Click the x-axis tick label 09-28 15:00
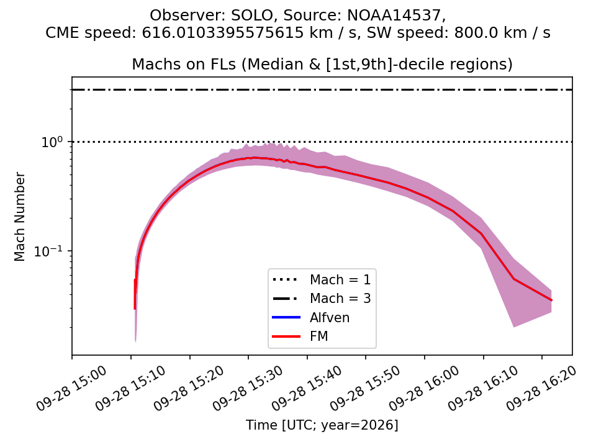[x=71, y=388]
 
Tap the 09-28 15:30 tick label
[x=248, y=388]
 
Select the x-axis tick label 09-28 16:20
[x=541, y=388]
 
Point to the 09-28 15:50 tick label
[x=365, y=388]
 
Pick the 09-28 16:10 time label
[x=483, y=388]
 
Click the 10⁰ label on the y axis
[x=52, y=142]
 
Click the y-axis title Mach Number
[x=19, y=217]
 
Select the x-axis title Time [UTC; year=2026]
[x=322, y=425]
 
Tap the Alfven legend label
[x=330, y=317]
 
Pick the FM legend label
[x=319, y=336]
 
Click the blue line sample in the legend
[x=286, y=317]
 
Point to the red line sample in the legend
[x=286, y=336]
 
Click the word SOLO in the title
[x=252, y=15]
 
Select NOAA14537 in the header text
[x=395, y=16]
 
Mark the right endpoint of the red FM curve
[x=551, y=300]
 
